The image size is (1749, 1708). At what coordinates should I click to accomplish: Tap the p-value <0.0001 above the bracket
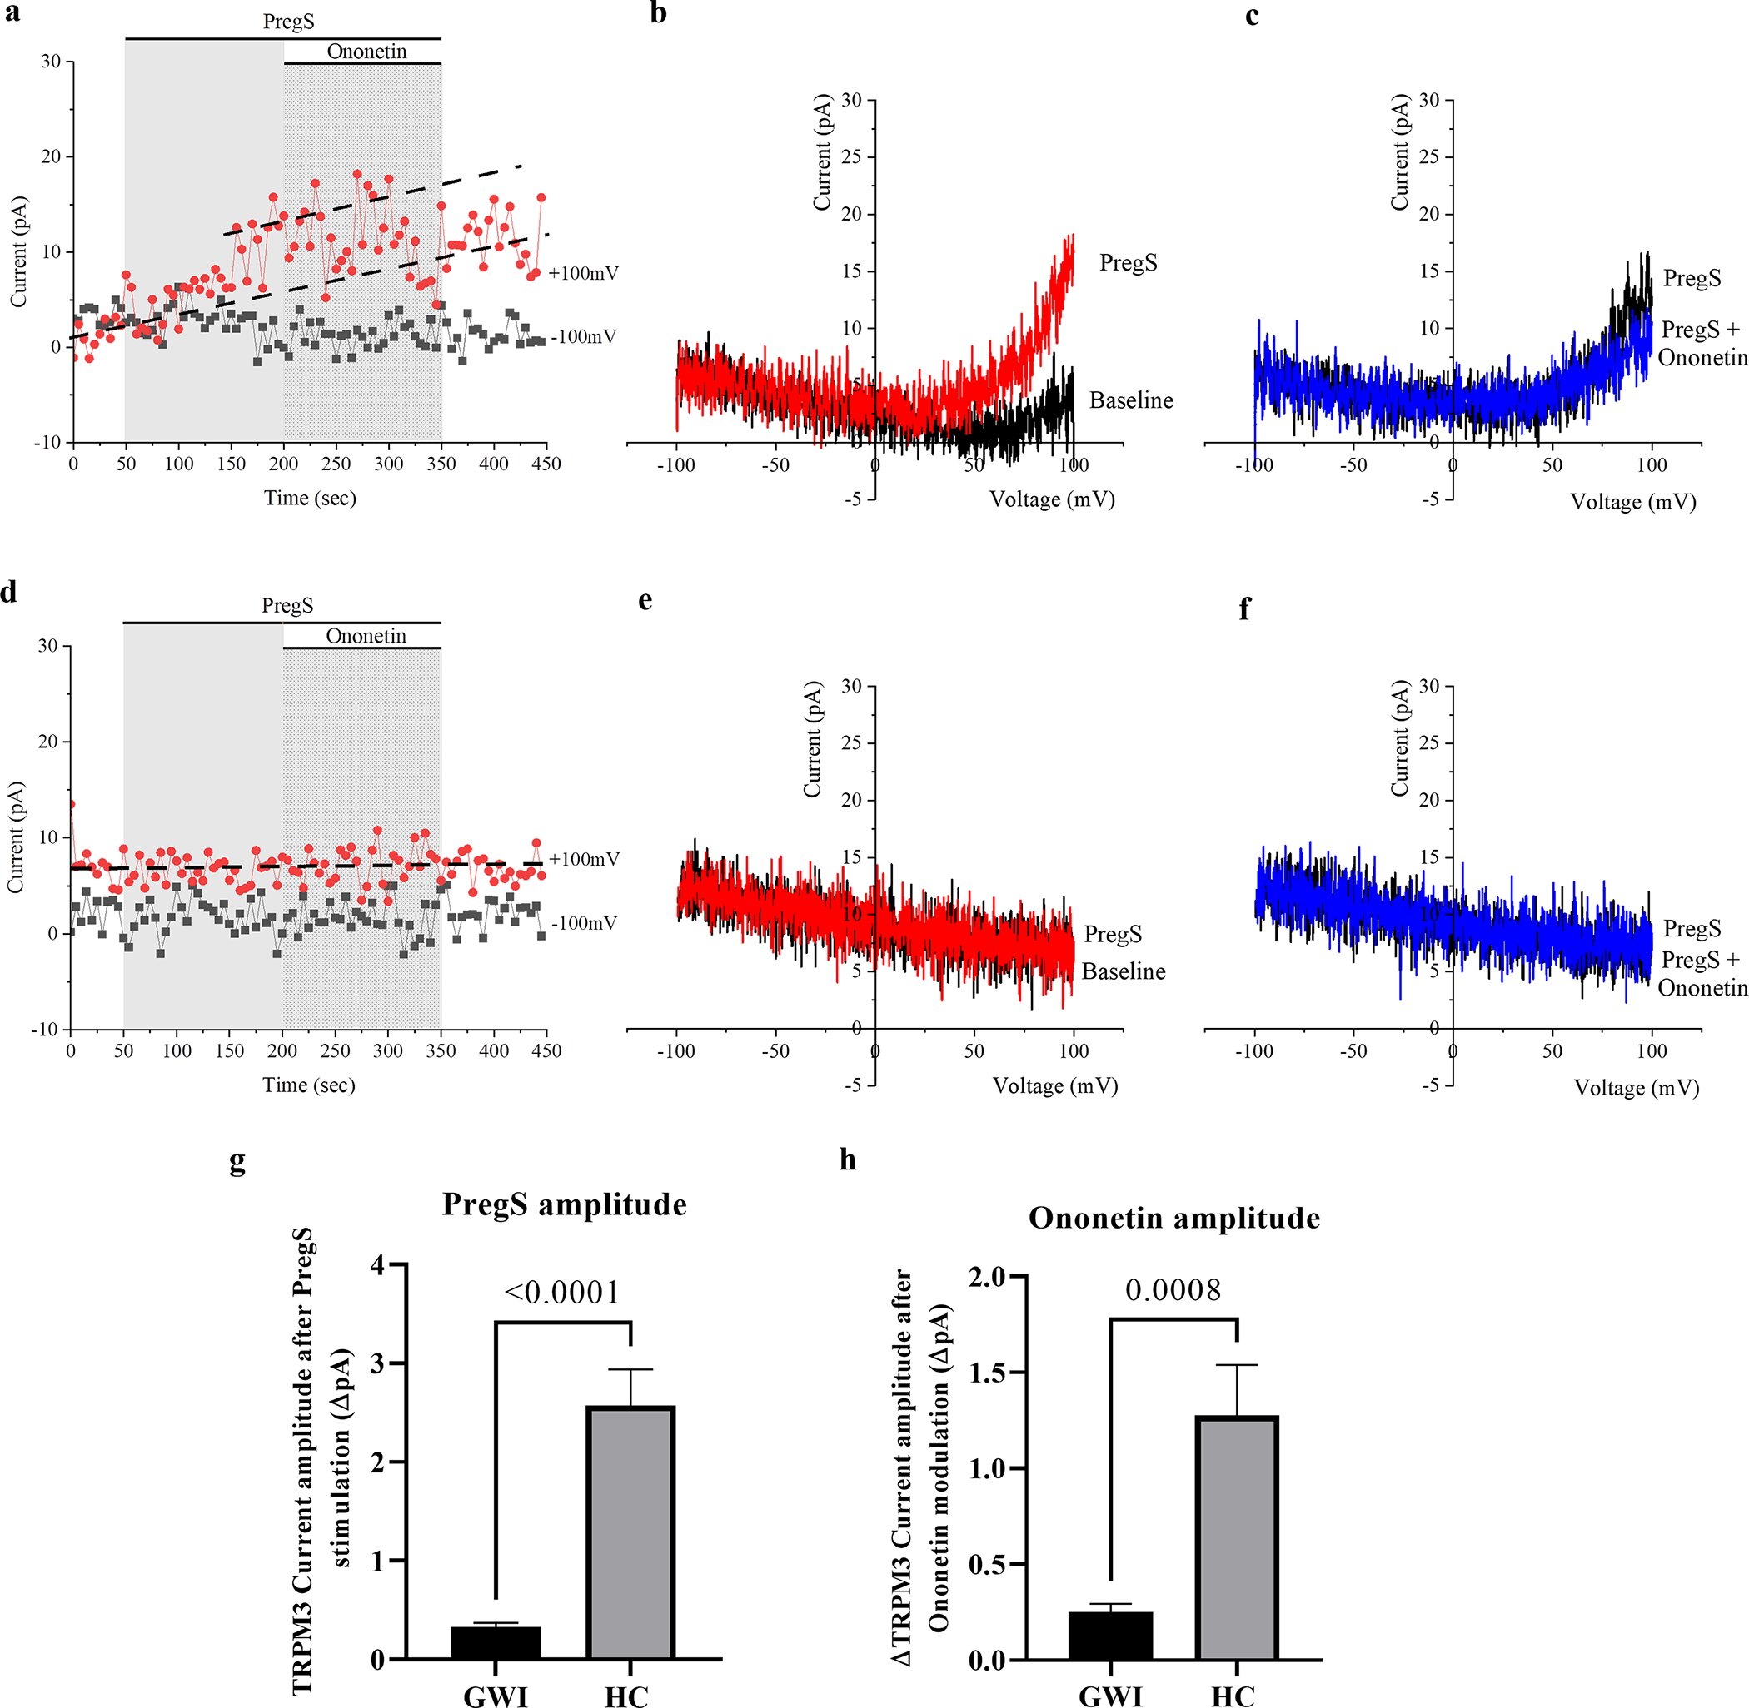[x=563, y=1293]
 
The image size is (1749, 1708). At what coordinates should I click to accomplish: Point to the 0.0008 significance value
[x=1173, y=1290]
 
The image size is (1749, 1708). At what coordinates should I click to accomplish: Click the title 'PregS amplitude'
[x=565, y=1204]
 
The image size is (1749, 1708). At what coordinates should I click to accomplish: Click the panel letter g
[x=237, y=1160]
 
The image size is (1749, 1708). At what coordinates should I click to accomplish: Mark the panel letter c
[x=1252, y=15]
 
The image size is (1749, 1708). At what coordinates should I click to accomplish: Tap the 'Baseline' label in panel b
[x=1131, y=400]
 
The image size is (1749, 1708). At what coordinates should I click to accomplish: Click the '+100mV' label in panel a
[x=583, y=273]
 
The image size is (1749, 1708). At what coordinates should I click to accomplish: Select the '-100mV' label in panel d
[x=584, y=923]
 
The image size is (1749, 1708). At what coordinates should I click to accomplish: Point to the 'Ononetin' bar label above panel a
[x=366, y=51]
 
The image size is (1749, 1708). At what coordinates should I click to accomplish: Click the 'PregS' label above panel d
[x=287, y=605]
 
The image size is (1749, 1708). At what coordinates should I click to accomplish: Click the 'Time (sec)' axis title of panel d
[x=309, y=1085]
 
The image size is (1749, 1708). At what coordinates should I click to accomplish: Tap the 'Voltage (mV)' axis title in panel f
[x=1636, y=1087]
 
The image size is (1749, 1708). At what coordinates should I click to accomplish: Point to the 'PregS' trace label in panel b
[x=1128, y=263]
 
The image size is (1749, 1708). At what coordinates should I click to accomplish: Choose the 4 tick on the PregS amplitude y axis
[x=377, y=1266]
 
